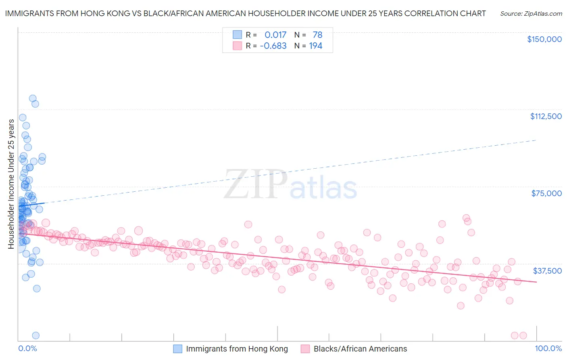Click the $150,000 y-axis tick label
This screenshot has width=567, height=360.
pyautogui.click(x=544, y=39)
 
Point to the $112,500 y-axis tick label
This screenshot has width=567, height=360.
pyautogui.click(x=546, y=116)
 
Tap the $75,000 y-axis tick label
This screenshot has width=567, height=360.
pyautogui.click(x=546, y=193)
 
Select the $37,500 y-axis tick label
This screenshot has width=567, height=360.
pyautogui.click(x=547, y=271)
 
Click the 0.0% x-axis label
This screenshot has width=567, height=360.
pyautogui.click(x=27, y=348)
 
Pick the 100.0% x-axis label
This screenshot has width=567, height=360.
pyautogui.click(x=548, y=348)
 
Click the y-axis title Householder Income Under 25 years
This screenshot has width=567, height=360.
pyautogui.click(x=11, y=184)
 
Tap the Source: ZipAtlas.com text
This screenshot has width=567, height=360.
pyautogui.click(x=531, y=14)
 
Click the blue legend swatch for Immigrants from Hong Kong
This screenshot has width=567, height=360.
pyautogui.click(x=178, y=349)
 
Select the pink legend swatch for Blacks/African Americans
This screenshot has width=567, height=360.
pyautogui.click(x=305, y=349)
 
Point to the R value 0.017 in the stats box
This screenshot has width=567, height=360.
pyautogui.click(x=275, y=35)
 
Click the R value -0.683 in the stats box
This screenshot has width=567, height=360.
pyautogui.click(x=273, y=46)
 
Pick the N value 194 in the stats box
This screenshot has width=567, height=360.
pyautogui.click(x=315, y=46)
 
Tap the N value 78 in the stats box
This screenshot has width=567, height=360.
pyautogui.click(x=317, y=35)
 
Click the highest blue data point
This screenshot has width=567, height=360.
pyautogui.click(x=33, y=98)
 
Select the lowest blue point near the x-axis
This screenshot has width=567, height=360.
pyautogui.click(x=35, y=335)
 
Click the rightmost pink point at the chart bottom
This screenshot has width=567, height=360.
pyautogui.click(x=523, y=335)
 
